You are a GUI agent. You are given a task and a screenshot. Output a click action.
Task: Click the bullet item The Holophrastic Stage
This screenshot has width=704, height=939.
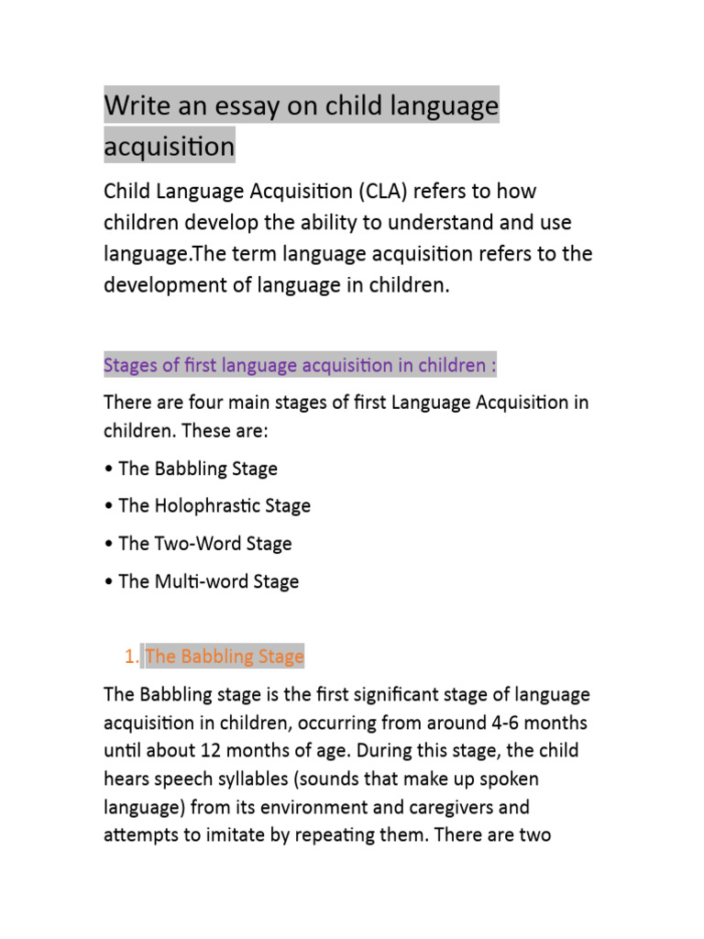(214, 506)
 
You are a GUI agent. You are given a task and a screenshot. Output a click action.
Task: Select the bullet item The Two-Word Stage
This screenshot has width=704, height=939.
(205, 544)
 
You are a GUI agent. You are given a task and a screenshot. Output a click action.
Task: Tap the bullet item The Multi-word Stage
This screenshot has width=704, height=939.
(209, 581)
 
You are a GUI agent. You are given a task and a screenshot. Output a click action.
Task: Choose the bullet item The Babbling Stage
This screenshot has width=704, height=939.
(198, 469)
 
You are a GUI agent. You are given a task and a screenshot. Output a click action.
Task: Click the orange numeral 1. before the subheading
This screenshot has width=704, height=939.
(130, 657)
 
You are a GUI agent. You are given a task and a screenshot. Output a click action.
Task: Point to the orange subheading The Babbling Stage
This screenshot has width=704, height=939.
(225, 657)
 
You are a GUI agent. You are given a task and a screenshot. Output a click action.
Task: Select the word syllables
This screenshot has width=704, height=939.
(246, 780)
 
